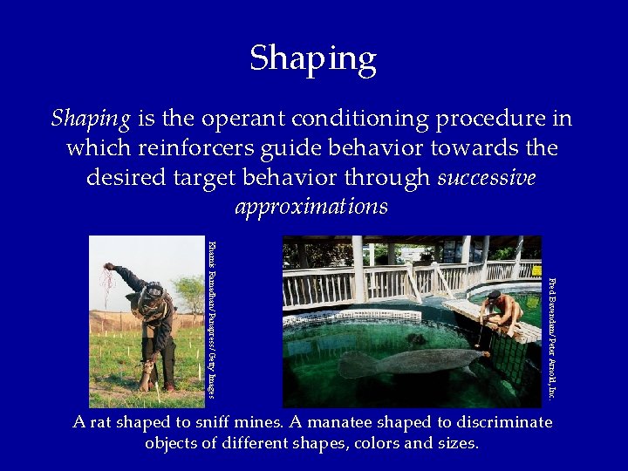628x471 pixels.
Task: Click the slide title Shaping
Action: pyautogui.click(x=313, y=59)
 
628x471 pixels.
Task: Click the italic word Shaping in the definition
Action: pyautogui.click(x=91, y=118)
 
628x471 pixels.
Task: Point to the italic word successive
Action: pyautogui.click(x=487, y=178)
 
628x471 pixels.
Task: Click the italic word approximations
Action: pyautogui.click(x=311, y=208)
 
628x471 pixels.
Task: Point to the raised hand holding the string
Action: pyautogui.click(x=109, y=267)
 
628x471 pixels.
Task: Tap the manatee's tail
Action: pyautogui.click(x=353, y=364)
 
